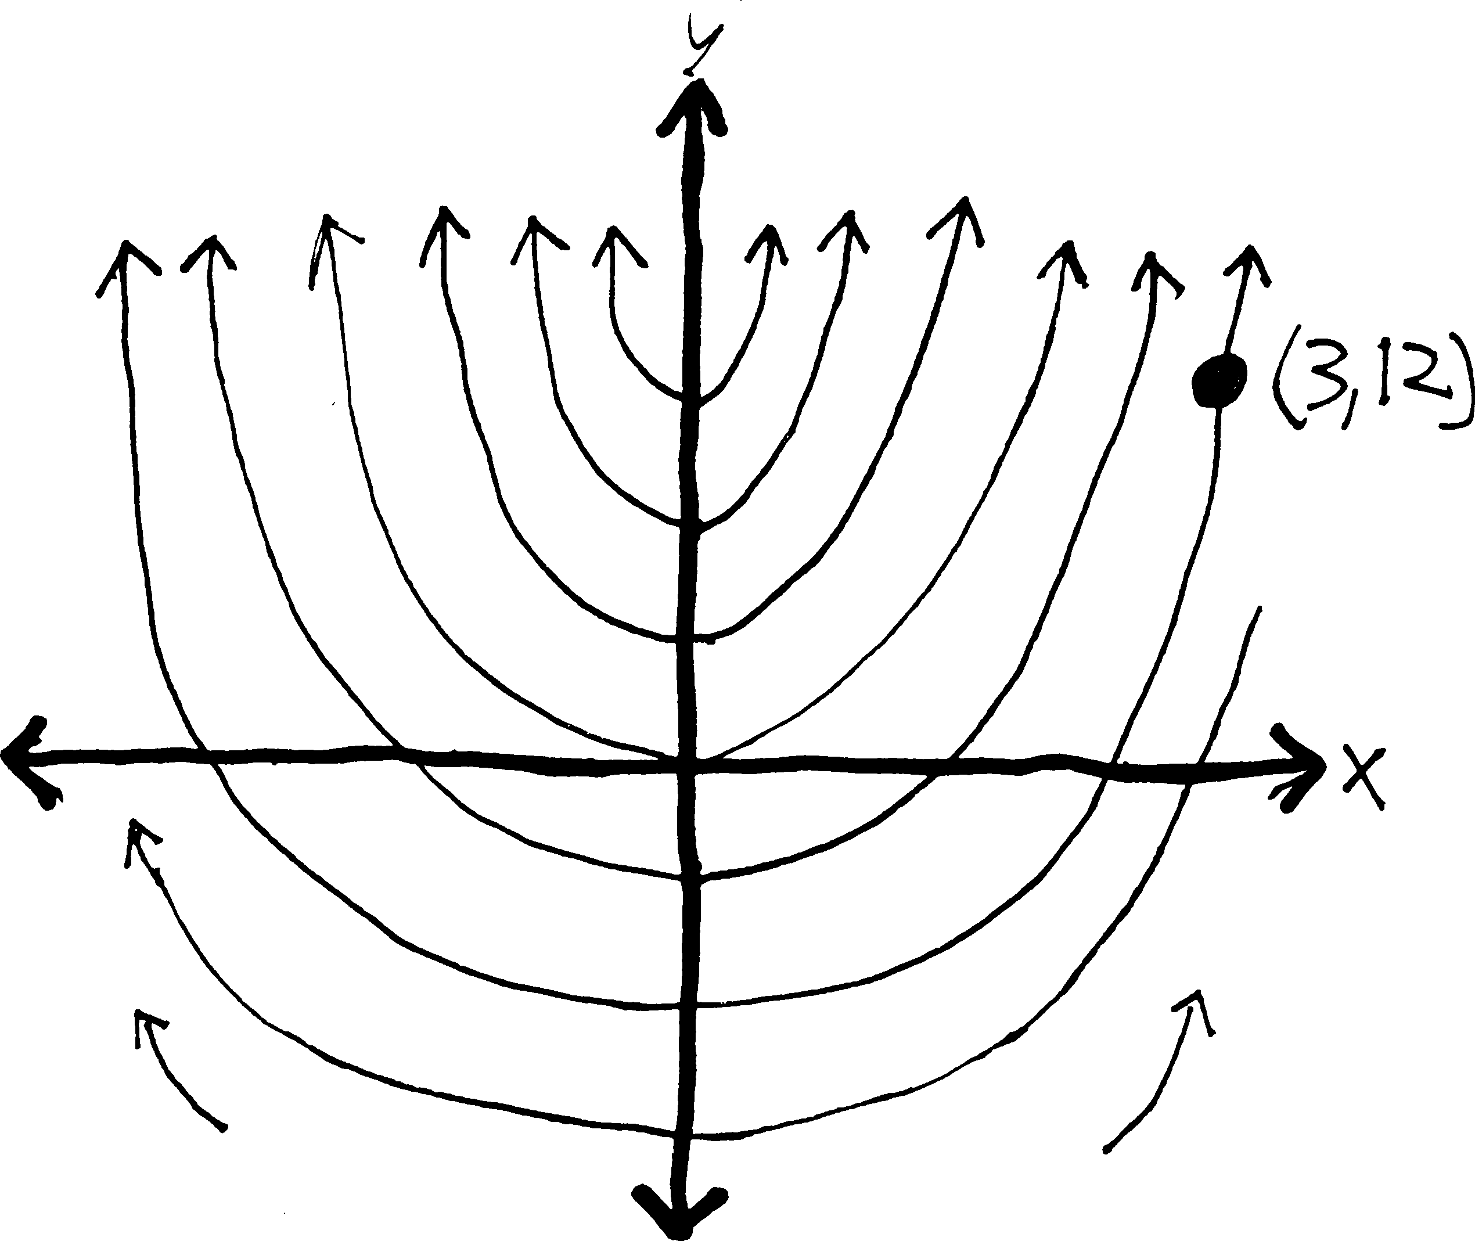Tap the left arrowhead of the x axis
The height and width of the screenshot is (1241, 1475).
click(x=28, y=762)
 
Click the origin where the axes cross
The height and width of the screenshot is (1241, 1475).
click(x=689, y=762)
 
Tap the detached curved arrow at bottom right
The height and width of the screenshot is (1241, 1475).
click(x=1161, y=1069)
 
